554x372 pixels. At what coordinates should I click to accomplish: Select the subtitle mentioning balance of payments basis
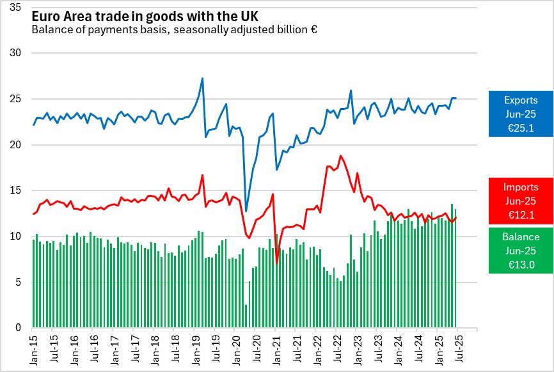[x=174, y=29]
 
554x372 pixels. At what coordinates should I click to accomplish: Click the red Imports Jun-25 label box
[x=519, y=201]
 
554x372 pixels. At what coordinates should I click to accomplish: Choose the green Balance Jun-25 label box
[x=519, y=250]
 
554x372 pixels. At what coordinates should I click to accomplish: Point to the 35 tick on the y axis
[x=17, y=7]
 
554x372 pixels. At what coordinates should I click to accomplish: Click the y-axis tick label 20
[x=17, y=145]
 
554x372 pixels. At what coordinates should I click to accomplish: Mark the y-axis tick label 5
[x=19, y=283]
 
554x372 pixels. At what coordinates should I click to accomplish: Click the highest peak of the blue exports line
[x=202, y=79]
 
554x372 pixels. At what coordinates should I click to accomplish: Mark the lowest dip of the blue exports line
[x=246, y=211]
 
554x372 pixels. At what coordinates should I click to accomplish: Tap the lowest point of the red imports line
[x=277, y=263]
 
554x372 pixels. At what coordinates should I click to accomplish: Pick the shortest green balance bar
[x=246, y=316]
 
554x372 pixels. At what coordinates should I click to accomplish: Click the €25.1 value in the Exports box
[x=519, y=128]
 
